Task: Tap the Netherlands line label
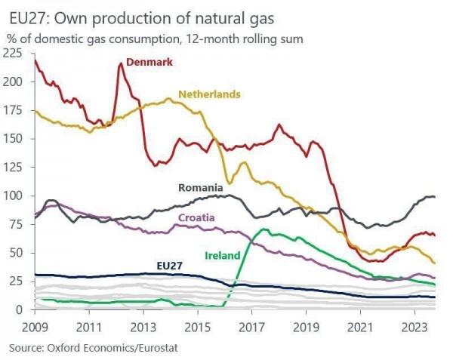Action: point(209,94)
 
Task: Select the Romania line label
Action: point(200,187)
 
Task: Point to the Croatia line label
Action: point(196,218)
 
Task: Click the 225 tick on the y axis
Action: point(13,53)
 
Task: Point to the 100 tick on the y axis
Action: point(13,195)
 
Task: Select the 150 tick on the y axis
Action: point(13,139)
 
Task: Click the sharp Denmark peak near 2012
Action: point(120,63)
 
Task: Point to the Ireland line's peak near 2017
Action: point(263,229)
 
